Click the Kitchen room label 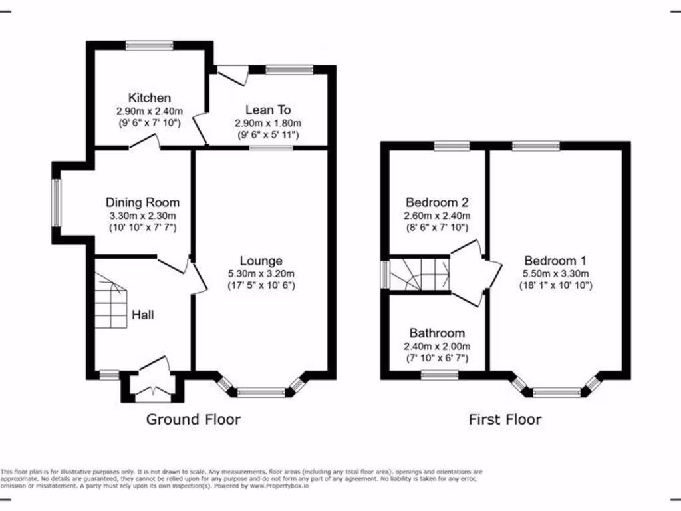click(x=150, y=98)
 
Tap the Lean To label click(x=268, y=110)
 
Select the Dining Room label click(x=142, y=202)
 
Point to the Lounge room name click(x=261, y=261)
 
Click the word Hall click(x=143, y=315)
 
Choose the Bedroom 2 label click(x=437, y=202)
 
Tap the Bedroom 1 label click(x=555, y=261)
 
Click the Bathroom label click(x=437, y=333)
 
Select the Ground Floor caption click(x=194, y=419)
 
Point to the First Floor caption click(x=505, y=419)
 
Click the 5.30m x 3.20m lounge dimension click(x=261, y=274)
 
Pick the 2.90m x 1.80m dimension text click(x=268, y=123)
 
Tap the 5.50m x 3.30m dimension click(x=555, y=274)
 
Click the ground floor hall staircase click(x=111, y=301)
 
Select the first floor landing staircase click(x=420, y=274)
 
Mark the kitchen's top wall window click(x=150, y=46)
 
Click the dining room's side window click(x=56, y=203)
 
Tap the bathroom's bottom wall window click(x=440, y=375)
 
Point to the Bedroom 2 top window click(x=452, y=146)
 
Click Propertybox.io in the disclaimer click(x=279, y=486)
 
